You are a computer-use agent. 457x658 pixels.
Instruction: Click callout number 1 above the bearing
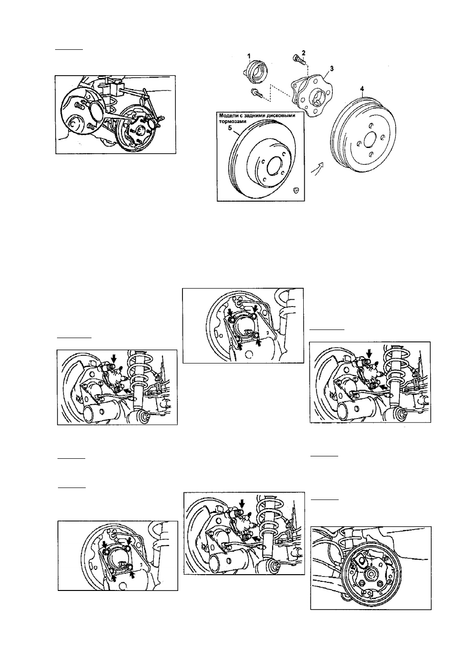point(249,55)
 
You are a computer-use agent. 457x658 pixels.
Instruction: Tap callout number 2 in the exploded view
point(304,53)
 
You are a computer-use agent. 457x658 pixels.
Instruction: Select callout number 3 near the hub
point(331,68)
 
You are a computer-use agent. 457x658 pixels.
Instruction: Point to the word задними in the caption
point(262,116)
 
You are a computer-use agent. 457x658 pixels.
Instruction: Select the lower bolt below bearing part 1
point(256,93)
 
